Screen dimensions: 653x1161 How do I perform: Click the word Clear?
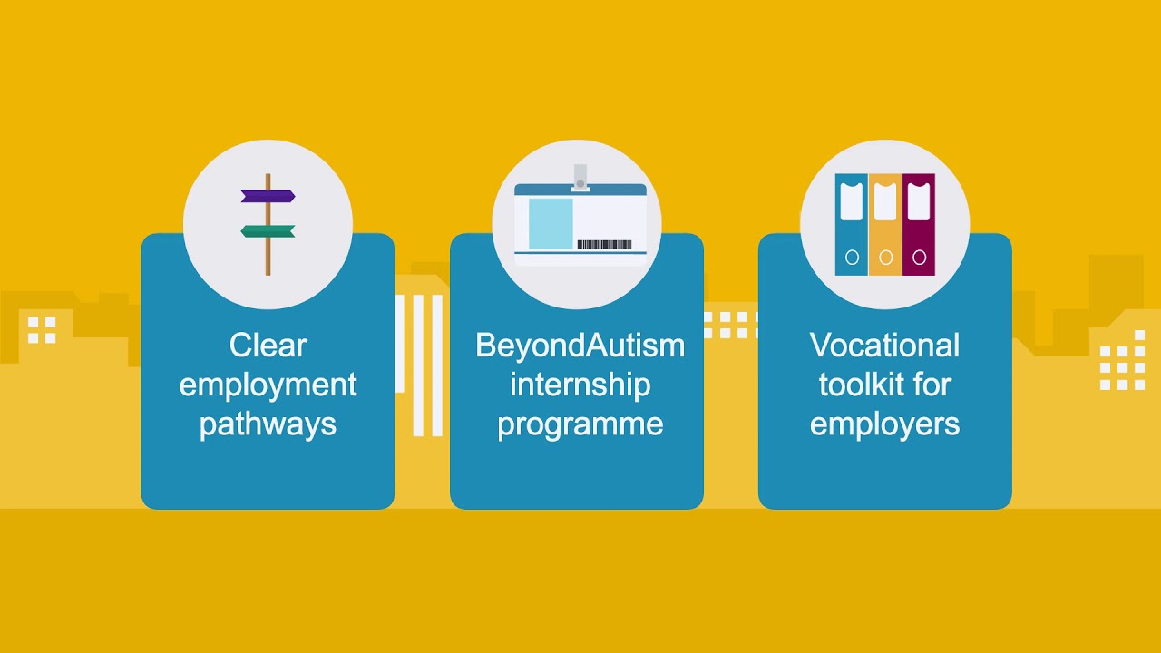pyautogui.click(x=268, y=346)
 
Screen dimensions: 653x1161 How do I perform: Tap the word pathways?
pyautogui.click(x=268, y=424)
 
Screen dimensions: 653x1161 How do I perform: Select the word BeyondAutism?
pyautogui.click(x=580, y=346)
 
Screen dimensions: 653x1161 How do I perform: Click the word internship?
pyautogui.click(x=580, y=385)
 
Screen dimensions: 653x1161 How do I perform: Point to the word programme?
pyautogui.click(x=580, y=424)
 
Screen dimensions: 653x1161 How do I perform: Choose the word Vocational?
pyautogui.click(x=884, y=346)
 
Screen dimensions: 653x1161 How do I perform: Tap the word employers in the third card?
pyautogui.click(x=884, y=424)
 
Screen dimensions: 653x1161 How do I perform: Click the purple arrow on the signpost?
pyautogui.click(x=268, y=196)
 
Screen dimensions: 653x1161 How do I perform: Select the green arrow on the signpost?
pyautogui.click(x=268, y=231)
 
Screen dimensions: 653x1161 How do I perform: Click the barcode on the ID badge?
pyautogui.click(x=604, y=244)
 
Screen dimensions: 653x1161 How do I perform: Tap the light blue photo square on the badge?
pyautogui.click(x=551, y=224)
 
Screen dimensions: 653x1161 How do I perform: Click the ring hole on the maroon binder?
pyautogui.click(x=919, y=258)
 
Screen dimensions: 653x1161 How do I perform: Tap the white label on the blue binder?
pyautogui.click(x=852, y=202)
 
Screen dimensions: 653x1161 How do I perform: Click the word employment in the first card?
pyautogui.click(x=268, y=385)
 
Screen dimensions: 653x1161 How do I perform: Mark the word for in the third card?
pyautogui.click(x=932, y=385)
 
